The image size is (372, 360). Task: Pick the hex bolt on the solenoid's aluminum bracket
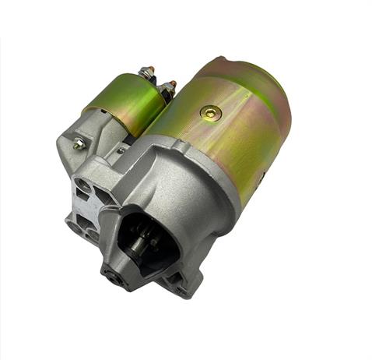[78, 143]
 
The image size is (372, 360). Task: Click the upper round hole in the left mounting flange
[82, 185]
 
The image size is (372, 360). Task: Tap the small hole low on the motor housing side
[261, 176]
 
